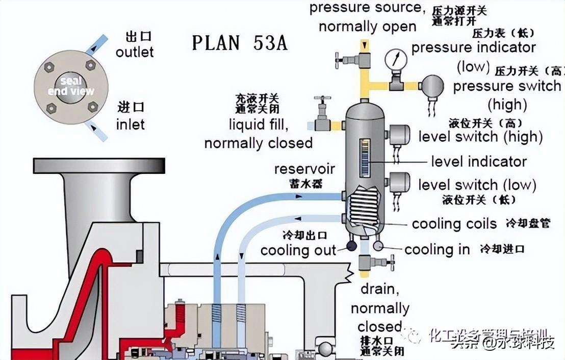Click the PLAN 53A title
(239, 43)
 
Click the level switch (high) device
(400, 135)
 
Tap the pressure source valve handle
(338, 60)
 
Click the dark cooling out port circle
(351, 246)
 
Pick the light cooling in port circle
(378, 246)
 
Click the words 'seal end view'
(71, 86)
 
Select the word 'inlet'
(130, 124)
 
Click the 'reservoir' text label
(304, 169)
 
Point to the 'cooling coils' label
(454, 223)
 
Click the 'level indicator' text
(478, 162)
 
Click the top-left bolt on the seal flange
(49, 67)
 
